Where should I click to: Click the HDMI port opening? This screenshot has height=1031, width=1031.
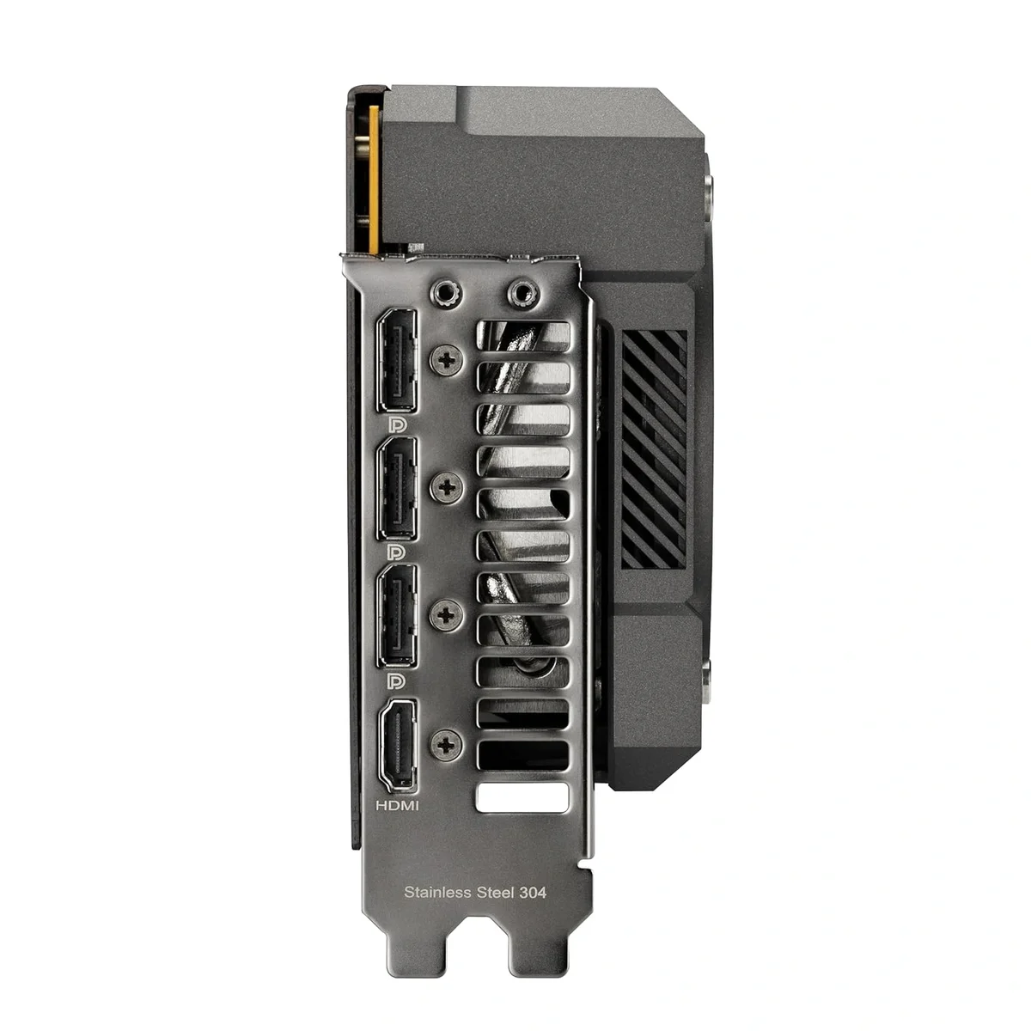[x=397, y=745]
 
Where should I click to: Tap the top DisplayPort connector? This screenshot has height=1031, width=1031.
[x=396, y=360]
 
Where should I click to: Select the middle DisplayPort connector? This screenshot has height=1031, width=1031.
[x=396, y=489]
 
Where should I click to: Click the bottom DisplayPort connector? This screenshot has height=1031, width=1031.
[x=396, y=614]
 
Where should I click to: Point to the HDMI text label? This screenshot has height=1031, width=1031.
[x=398, y=806]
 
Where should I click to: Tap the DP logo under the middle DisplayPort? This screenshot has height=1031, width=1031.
[x=397, y=551]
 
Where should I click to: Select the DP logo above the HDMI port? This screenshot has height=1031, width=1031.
[x=396, y=681]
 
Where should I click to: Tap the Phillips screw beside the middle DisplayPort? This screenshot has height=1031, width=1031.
[x=446, y=488]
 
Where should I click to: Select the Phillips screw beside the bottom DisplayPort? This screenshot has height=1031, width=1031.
[x=446, y=613]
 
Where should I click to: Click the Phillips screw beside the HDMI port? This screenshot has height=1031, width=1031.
[x=446, y=744]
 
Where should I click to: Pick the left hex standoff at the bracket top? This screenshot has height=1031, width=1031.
[x=444, y=295]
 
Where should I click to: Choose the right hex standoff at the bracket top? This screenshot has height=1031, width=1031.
[x=521, y=295]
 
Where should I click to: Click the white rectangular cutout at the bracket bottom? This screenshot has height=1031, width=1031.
[x=522, y=797]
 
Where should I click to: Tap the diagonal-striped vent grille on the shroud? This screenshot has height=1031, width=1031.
[x=654, y=448]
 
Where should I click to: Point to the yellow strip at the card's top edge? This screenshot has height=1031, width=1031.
[x=374, y=180]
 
